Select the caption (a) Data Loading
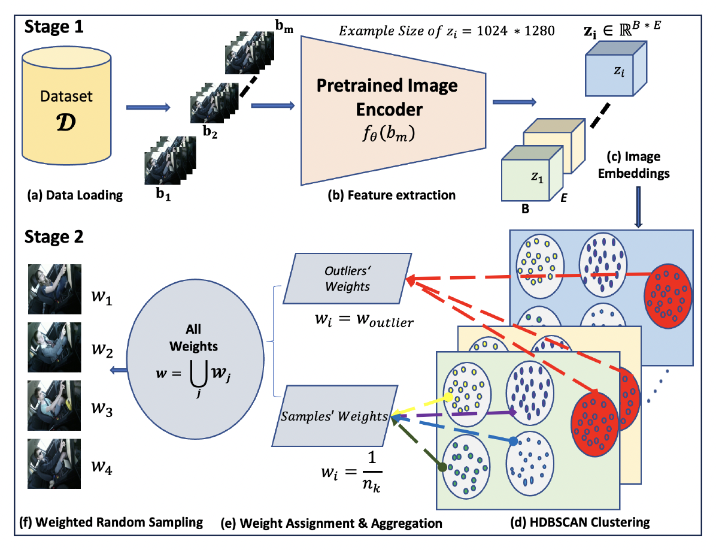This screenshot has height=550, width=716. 74,195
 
